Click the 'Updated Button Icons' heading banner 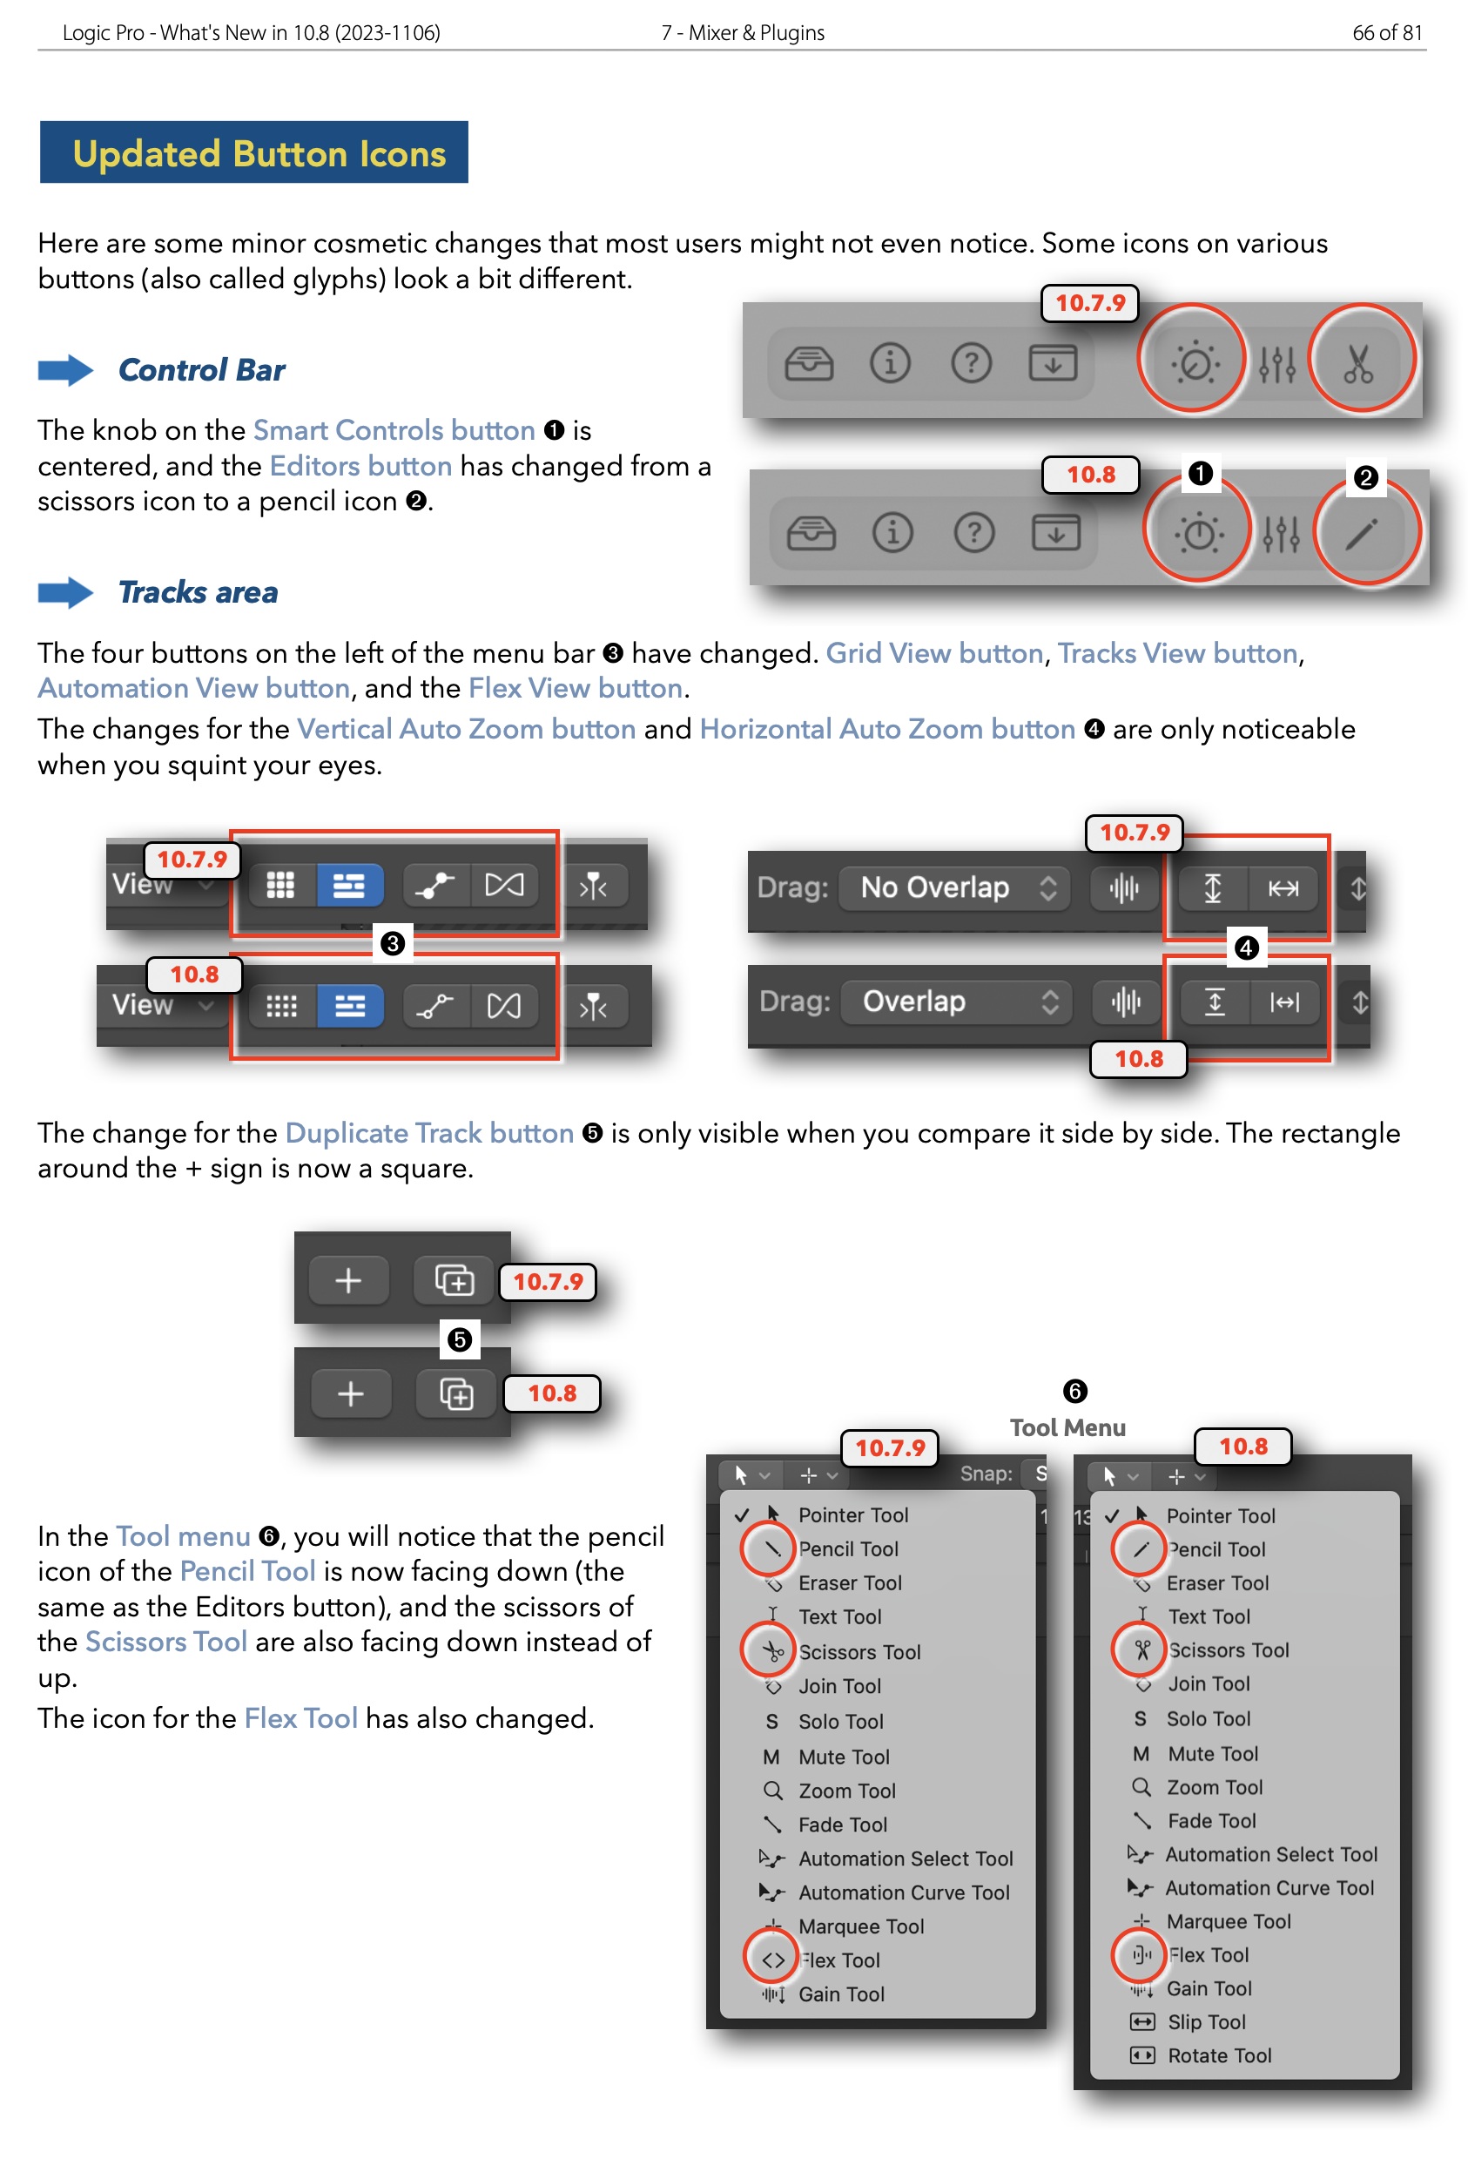[253, 152]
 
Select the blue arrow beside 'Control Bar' [64, 371]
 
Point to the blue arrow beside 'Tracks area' [64, 592]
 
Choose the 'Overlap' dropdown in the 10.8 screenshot [957, 1002]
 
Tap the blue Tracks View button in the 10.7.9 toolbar [348, 885]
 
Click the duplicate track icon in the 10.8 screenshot [456, 1394]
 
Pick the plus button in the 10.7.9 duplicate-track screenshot [347, 1280]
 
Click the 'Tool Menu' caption [1067, 1427]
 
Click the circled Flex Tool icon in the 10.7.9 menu [771, 1960]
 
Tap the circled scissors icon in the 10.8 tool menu [1141, 1649]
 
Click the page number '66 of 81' [1387, 33]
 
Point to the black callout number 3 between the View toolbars [393, 944]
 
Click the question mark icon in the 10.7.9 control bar [971, 361]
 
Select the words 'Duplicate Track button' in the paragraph [429, 1133]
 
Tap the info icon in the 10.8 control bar [892, 533]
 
